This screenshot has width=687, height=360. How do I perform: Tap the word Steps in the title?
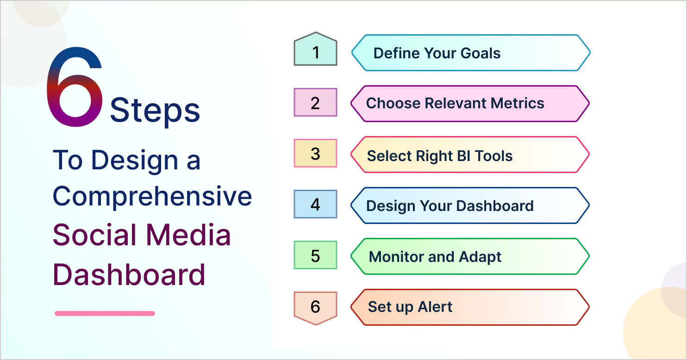pyautogui.click(x=155, y=111)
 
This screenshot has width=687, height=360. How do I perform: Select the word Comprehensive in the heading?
pyautogui.click(x=152, y=197)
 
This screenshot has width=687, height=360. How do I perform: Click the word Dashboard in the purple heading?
pyautogui.click(x=129, y=275)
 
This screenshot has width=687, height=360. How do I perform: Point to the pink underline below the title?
pyautogui.click(x=105, y=313)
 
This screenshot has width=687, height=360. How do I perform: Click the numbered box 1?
pyautogui.click(x=315, y=49)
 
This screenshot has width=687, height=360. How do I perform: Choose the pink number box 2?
pyautogui.click(x=315, y=102)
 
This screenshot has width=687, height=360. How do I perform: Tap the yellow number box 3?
pyautogui.click(x=315, y=153)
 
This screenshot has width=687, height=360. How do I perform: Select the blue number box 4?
pyautogui.click(x=315, y=204)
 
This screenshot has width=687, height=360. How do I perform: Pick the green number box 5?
pyautogui.click(x=315, y=255)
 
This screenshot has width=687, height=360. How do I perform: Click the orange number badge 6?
pyautogui.click(x=315, y=308)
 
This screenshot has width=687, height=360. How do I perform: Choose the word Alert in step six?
pyautogui.click(x=435, y=307)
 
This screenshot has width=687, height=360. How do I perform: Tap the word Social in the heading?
pyautogui.click(x=94, y=235)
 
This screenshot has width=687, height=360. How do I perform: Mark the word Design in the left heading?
pyautogui.click(x=135, y=161)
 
